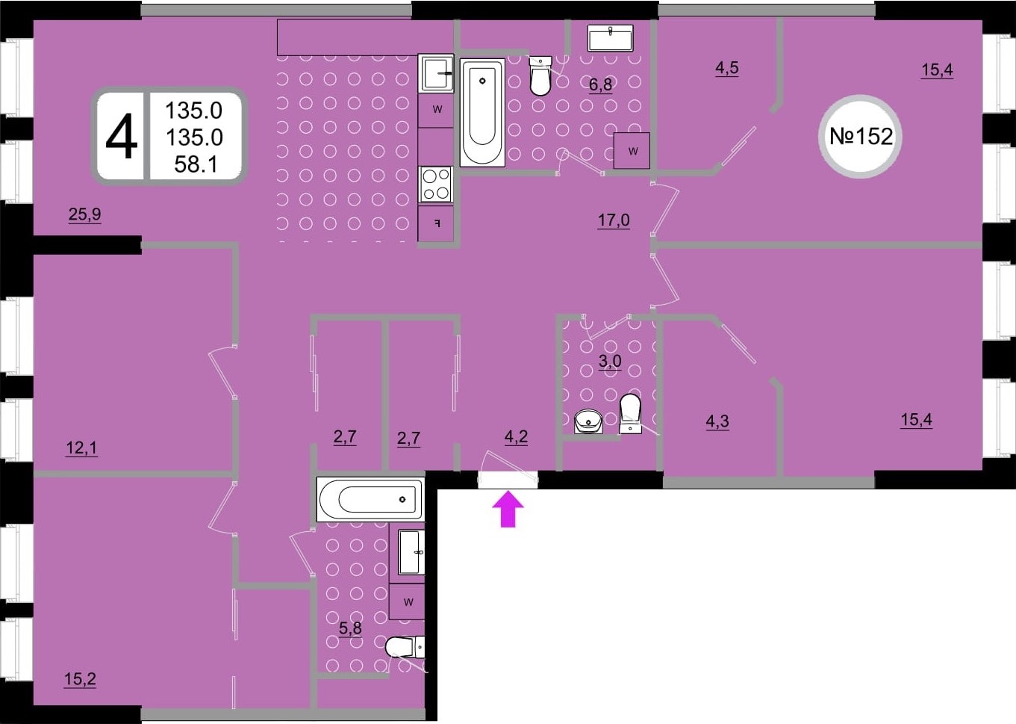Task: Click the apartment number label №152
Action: click(861, 136)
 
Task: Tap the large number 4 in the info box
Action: click(121, 136)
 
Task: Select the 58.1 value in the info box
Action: click(196, 164)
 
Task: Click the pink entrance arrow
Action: click(508, 509)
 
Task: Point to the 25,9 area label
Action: click(85, 214)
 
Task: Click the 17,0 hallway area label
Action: click(613, 220)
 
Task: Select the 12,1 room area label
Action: click(81, 448)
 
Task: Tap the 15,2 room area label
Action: click(80, 679)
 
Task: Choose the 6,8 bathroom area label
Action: click(600, 84)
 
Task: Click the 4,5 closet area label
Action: click(726, 68)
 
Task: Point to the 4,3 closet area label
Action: click(717, 421)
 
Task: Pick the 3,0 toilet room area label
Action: click(610, 362)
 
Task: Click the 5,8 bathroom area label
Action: click(350, 628)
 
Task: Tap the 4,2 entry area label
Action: click(516, 436)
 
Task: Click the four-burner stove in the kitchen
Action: click(436, 185)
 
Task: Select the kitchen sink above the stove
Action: click(436, 73)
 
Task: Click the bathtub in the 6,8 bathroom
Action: click(482, 113)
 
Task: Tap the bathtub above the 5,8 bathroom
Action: click(370, 499)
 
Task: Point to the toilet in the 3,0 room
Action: click(630, 413)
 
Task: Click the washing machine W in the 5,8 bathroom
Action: click(408, 602)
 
